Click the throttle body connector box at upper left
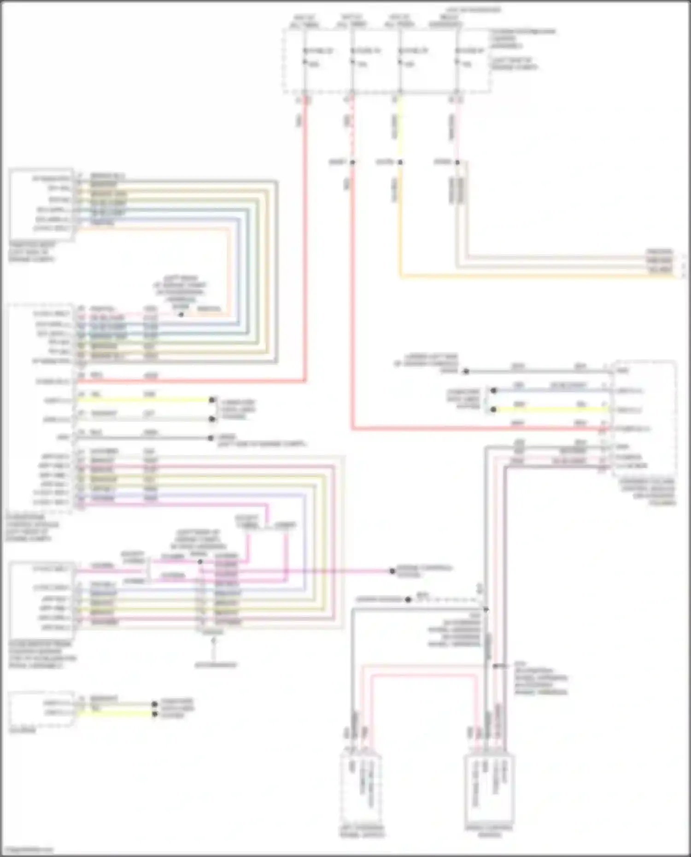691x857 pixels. click(41, 204)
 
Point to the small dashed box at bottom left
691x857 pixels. click(41, 709)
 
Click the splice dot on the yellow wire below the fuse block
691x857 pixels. click(400, 162)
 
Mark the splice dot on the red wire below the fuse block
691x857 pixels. click(352, 162)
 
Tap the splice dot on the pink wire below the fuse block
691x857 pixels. click(457, 162)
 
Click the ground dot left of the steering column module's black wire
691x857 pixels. click(466, 371)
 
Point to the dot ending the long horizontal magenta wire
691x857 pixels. click(392, 571)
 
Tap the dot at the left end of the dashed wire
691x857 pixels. click(408, 600)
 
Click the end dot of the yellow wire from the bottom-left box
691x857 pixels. click(155, 714)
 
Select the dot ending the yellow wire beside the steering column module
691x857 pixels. click(493, 409)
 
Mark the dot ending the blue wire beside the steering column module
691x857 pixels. click(493, 391)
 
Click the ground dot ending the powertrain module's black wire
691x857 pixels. click(212, 438)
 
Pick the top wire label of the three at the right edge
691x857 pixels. click(660, 252)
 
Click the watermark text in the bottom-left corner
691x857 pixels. click(27, 850)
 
